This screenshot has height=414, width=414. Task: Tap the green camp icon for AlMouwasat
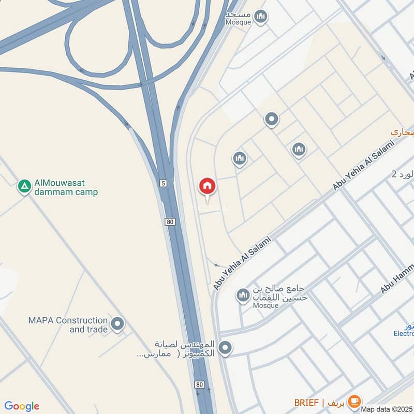pyautogui.click(x=24, y=186)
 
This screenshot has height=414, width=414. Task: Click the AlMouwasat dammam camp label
pyautogui.click(x=65, y=187)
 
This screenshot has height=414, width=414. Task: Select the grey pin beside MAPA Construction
pyautogui.click(x=117, y=324)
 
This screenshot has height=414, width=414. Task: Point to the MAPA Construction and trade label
pyautogui.click(x=68, y=325)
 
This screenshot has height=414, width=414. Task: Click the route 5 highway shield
pyautogui.click(x=164, y=183)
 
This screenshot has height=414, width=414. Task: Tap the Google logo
pyautogui.click(x=22, y=406)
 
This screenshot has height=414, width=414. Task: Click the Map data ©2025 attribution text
pyautogui.click(x=387, y=409)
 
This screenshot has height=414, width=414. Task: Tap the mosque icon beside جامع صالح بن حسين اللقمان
pyautogui.click(x=243, y=296)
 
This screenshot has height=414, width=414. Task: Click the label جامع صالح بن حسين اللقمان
pyautogui.click(x=279, y=293)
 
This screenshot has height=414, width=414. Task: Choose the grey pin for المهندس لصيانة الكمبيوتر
pyautogui.click(x=225, y=348)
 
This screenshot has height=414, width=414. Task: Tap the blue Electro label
pyautogui.click(x=403, y=334)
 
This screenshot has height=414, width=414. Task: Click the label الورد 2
pyautogui.click(x=403, y=174)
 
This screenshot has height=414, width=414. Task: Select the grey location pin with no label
pyautogui.click(x=271, y=120)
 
